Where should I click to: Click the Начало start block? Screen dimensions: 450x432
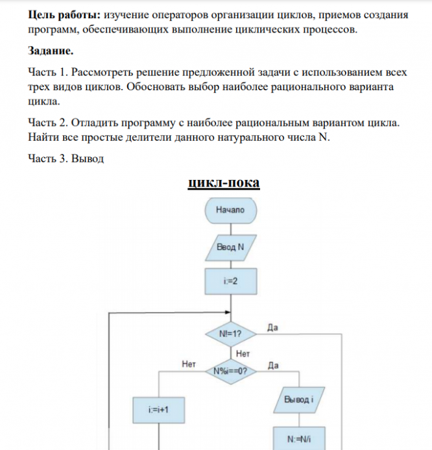pos(230,210)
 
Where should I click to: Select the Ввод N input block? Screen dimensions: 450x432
pos(230,247)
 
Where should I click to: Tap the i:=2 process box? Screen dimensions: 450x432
pos(230,282)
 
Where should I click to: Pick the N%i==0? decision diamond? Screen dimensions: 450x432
pos(230,371)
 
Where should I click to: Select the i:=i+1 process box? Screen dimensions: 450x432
pos(158,410)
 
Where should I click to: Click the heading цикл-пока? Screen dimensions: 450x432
pos(223,183)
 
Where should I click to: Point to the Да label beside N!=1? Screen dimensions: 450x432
pos(272,328)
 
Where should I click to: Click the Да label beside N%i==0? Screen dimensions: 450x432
pos(272,366)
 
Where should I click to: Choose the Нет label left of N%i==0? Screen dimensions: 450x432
pos(189,366)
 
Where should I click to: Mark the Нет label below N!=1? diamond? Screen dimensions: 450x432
pos(243,354)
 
